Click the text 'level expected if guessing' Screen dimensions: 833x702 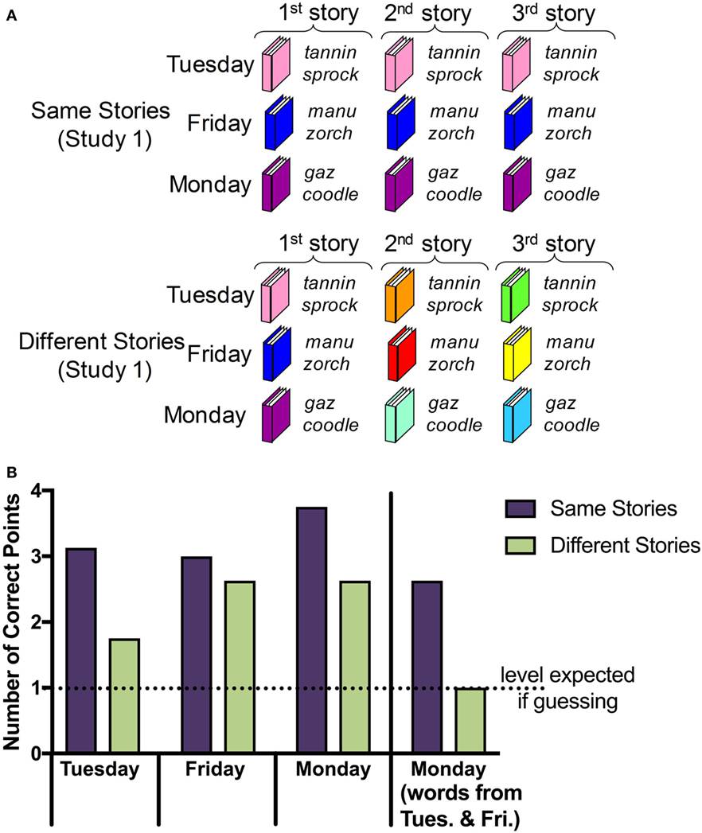tap(567, 687)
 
